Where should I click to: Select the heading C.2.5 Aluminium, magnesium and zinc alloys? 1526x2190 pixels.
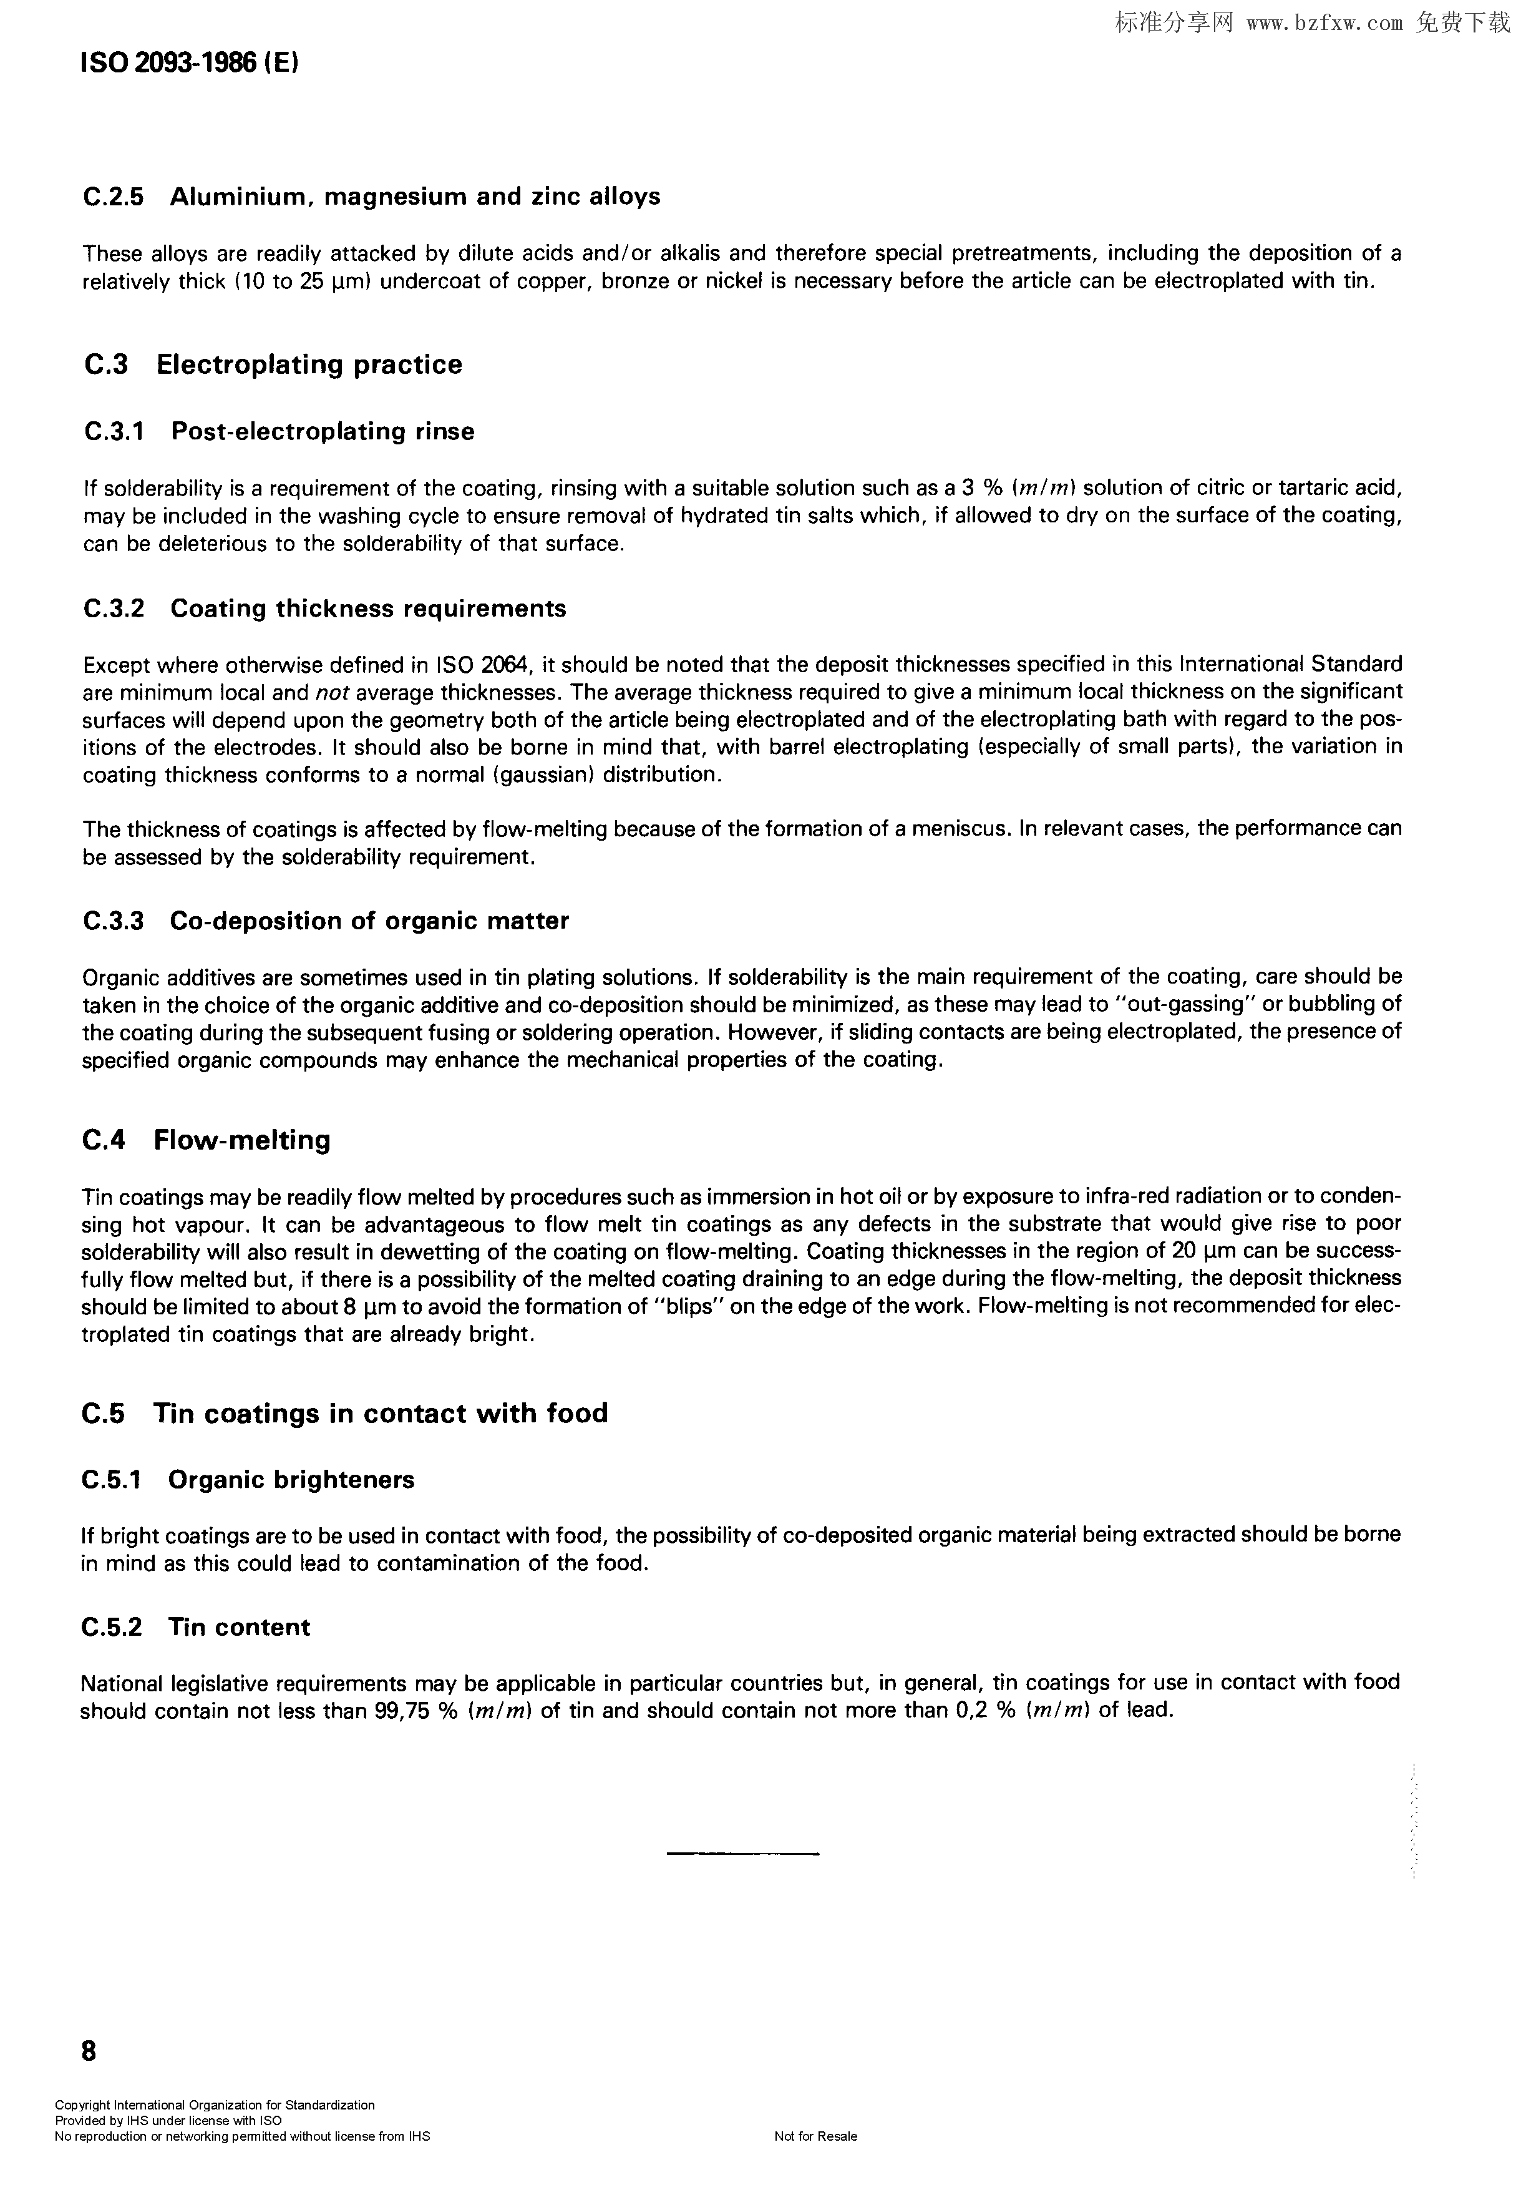click(x=372, y=197)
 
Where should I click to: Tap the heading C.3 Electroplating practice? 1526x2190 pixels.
click(x=273, y=364)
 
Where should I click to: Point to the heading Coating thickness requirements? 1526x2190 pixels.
click(x=368, y=609)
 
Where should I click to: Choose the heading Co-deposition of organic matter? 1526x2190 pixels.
click(x=369, y=921)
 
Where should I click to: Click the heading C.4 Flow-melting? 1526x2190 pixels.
click(x=206, y=1140)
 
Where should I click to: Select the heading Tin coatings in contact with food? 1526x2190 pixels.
click(x=381, y=1412)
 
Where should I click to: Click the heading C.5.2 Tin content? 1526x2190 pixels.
click(x=195, y=1627)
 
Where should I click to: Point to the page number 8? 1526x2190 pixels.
click(x=89, y=2051)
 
